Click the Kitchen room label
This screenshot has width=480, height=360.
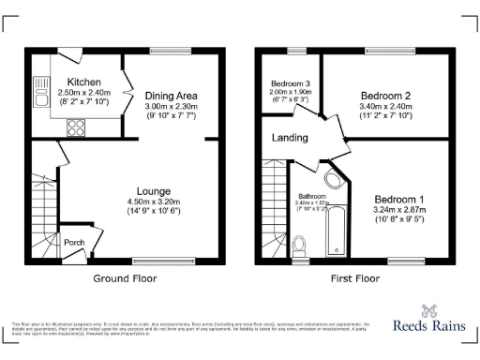(71, 82)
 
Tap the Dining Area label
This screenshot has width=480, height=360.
(170, 95)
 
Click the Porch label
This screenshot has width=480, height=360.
(74, 243)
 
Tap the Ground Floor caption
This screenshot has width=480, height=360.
(125, 278)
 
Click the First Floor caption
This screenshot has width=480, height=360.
(355, 278)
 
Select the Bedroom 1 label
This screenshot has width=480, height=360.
(399, 200)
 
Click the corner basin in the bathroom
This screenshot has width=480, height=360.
(333, 180)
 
